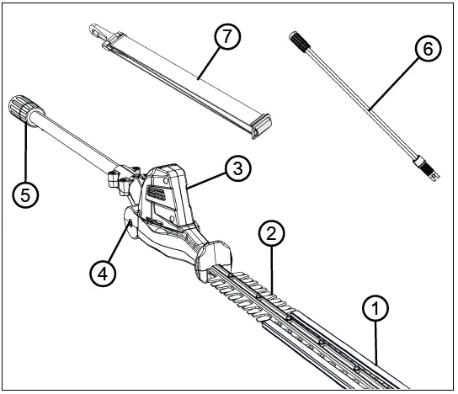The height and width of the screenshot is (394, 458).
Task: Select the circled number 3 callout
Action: coord(238,168)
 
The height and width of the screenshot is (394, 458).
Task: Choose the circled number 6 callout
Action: coord(427,50)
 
